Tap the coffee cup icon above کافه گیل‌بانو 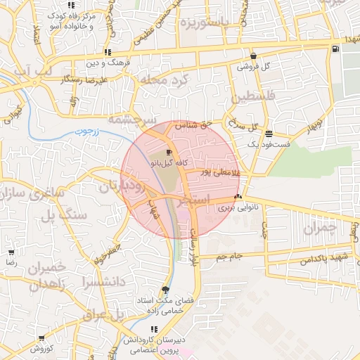169,152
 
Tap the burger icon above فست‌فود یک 269,133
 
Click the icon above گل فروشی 253,56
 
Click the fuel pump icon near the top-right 335,48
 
